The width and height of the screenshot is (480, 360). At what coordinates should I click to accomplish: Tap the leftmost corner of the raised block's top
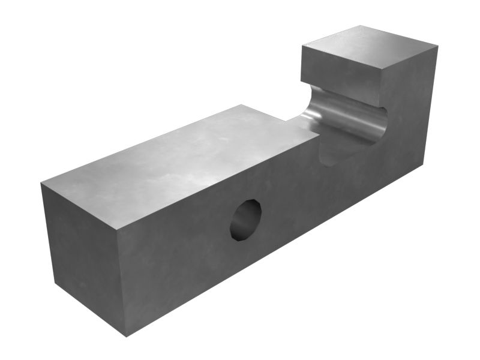click(x=302, y=46)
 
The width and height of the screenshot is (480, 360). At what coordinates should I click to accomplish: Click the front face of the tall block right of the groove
click(x=408, y=114)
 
